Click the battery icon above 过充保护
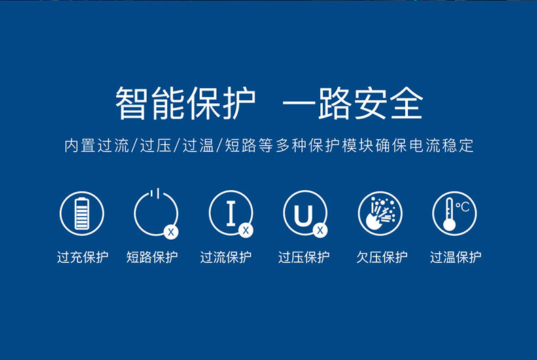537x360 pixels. coord(82,213)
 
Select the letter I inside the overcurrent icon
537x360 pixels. coord(231,213)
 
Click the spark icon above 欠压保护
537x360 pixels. coord(380,213)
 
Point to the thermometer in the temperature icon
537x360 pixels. coord(449,215)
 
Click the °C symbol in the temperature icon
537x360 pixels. coord(462,206)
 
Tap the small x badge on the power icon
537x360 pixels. coord(171,232)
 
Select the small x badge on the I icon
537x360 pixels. coord(245,230)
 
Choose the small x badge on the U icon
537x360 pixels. coord(320,230)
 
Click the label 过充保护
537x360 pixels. coord(82,257)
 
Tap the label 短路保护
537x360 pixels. coord(152,257)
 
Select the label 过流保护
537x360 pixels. coord(226,257)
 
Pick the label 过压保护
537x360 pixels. coord(304,257)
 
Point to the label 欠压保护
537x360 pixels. coord(382,257)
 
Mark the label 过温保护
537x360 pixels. coord(455,257)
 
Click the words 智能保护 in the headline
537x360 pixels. coord(186,103)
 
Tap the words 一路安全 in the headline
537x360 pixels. coord(353,103)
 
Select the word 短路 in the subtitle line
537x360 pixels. coord(241,145)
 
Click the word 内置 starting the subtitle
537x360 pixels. coord(80,145)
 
